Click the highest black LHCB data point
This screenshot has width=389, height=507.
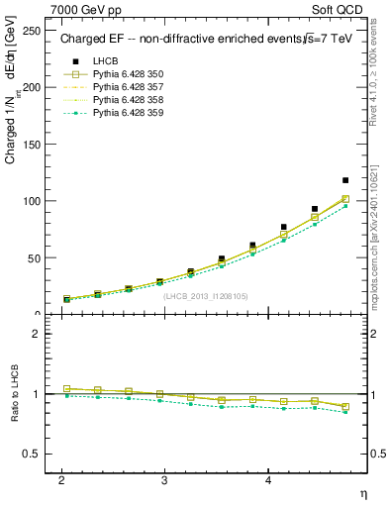(x=345, y=180)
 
